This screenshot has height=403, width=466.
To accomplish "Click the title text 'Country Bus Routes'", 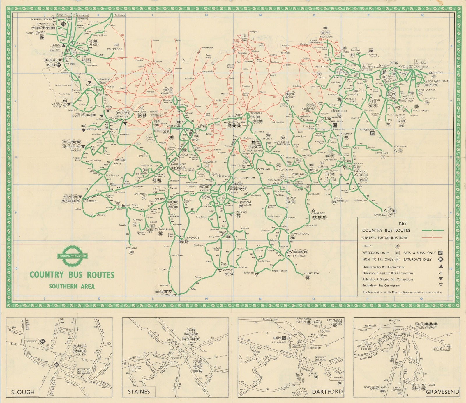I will tap(72, 275).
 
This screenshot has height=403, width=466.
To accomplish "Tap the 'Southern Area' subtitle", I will tap(72, 286).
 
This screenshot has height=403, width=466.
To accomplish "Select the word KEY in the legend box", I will tap(403, 224).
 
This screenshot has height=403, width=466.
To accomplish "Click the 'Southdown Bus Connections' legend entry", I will tap(381, 286).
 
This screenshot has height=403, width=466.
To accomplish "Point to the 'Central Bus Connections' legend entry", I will tap(385, 237).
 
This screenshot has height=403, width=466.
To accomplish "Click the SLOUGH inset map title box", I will tap(22, 392).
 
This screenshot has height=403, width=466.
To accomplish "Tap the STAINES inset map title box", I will tap(139, 392).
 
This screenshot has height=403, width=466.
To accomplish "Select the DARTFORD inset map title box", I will tap(327, 391).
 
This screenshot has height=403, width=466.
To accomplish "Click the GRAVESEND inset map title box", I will tap(442, 392).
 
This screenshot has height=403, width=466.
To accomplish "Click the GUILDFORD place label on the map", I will tap(89, 201).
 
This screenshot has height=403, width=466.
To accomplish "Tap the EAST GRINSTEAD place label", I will tap(296, 256).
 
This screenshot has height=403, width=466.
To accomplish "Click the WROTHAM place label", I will tap(400, 147).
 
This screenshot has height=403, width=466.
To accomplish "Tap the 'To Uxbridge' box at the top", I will tap(120, 15).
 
